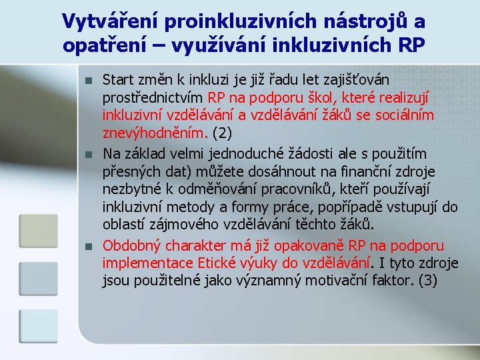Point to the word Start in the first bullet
point(118,79)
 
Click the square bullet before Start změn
point(88,81)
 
